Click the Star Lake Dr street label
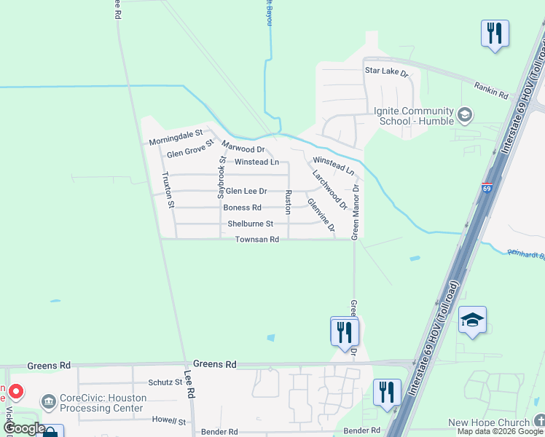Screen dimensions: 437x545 coord(386,73)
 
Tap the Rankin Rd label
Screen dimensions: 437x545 coord(490,90)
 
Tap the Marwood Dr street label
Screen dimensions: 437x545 coord(243,149)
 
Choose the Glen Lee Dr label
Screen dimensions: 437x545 coord(246,191)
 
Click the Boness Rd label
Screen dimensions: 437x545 coord(242,208)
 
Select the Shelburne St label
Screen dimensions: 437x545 coord(250,224)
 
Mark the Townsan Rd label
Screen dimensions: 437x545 coord(256,240)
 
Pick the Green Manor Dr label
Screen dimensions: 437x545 coord(356,211)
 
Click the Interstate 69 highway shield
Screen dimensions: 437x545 coord(487,188)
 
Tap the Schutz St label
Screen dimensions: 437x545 coord(165,382)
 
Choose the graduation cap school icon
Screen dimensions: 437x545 coord(472,320)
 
